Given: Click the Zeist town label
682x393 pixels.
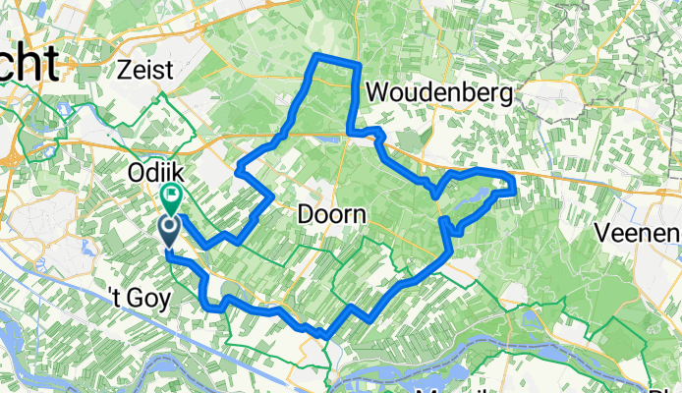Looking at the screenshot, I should [x=143, y=69].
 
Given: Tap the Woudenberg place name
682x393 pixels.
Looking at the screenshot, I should [x=439, y=93].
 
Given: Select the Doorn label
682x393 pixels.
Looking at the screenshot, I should [x=333, y=214].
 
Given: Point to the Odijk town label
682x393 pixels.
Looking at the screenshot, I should [x=152, y=172].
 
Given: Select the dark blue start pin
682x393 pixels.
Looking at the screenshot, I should [x=168, y=231].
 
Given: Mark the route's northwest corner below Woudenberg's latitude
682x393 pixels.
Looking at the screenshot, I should [x=314, y=59].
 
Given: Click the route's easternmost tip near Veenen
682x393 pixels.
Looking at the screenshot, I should [x=515, y=183].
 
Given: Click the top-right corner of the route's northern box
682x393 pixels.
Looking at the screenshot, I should [x=359, y=65].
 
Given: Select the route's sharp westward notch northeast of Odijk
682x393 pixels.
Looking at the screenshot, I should [x=239, y=171].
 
